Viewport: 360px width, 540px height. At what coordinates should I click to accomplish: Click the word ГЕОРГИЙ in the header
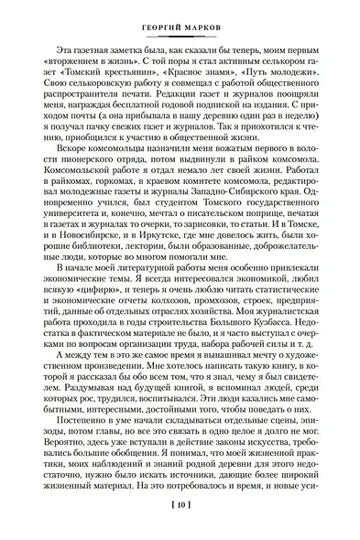(x=154, y=12)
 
